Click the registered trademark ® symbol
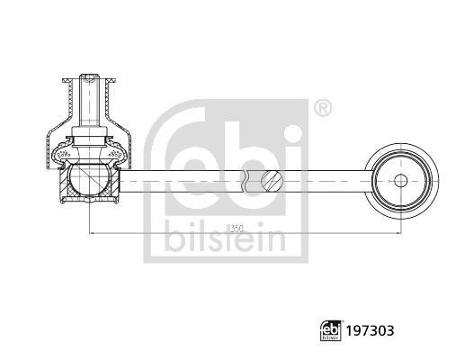point(321,110)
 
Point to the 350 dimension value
point(236,229)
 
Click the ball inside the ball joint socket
point(90,181)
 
